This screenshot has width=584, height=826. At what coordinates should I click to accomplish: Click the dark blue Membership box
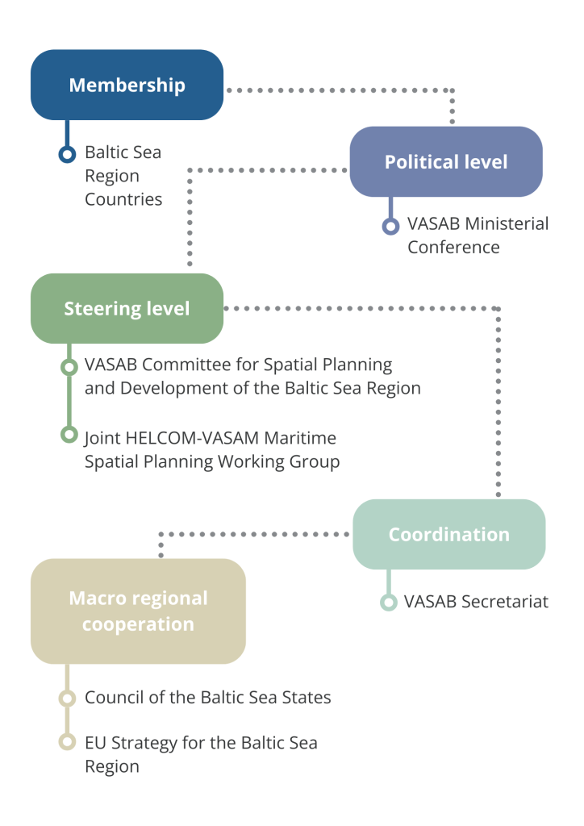click(x=127, y=85)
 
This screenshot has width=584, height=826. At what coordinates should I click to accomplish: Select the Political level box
click(x=445, y=161)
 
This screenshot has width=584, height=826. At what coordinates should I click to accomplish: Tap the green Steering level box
click(x=127, y=308)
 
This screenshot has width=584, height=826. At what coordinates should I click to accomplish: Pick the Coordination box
click(x=448, y=534)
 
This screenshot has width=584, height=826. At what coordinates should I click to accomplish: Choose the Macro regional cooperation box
click(x=138, y=611)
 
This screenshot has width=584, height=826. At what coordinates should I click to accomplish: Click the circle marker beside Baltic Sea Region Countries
click(x=68, y=154)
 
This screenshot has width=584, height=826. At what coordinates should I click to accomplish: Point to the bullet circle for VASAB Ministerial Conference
click(x=390, y=227)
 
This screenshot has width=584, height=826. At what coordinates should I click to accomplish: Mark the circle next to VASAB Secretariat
click(x=389, y=602)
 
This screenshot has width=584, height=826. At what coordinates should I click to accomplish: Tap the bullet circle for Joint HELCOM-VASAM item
click(x=69, y=435)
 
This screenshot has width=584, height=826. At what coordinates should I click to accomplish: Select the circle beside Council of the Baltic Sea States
click(x=68, y=698)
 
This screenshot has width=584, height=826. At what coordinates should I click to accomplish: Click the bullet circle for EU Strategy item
click(x=68, y=742)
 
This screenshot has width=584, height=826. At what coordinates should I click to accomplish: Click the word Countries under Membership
click(x=123, y=199)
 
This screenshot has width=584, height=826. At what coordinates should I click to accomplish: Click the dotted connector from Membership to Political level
click(x=339, y=90)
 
